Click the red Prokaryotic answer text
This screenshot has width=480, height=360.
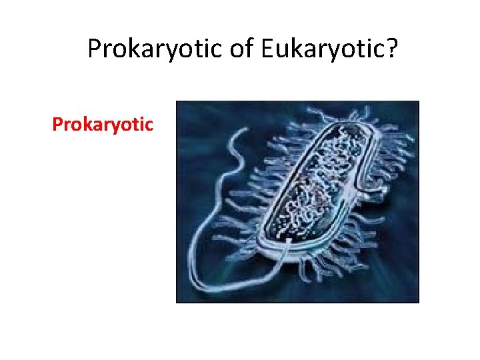tap(103, 125)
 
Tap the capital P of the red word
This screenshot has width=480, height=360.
tap(57, 125)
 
